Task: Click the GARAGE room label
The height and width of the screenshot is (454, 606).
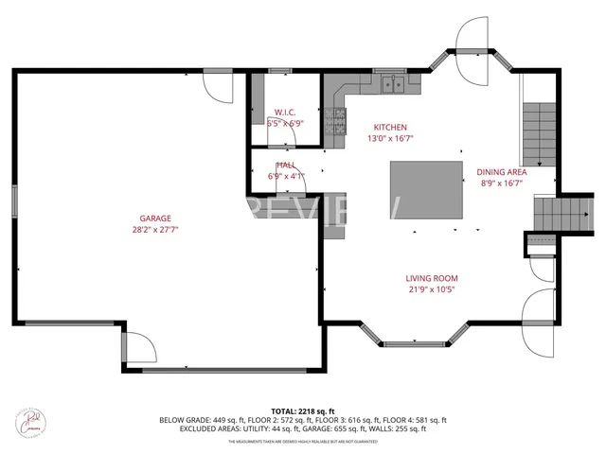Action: click(156, 218)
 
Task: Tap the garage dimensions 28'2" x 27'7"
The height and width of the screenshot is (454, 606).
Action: click(156, 229)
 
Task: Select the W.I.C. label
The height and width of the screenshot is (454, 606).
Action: click(285, 112)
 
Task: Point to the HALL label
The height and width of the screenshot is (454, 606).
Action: click(285, 165)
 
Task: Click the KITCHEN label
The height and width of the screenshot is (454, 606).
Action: click(390, 127)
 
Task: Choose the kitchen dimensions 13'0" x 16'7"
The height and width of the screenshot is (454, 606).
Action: click(390, 138)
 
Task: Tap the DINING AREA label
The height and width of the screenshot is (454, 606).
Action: click(502, 172)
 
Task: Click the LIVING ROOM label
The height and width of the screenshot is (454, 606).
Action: click(431, 278)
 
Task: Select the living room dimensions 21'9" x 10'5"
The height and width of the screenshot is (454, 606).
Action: click(431, 289)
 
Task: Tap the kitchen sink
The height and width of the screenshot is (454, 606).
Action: click(394, 86)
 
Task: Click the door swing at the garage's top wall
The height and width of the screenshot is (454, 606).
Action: click(219, 88)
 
